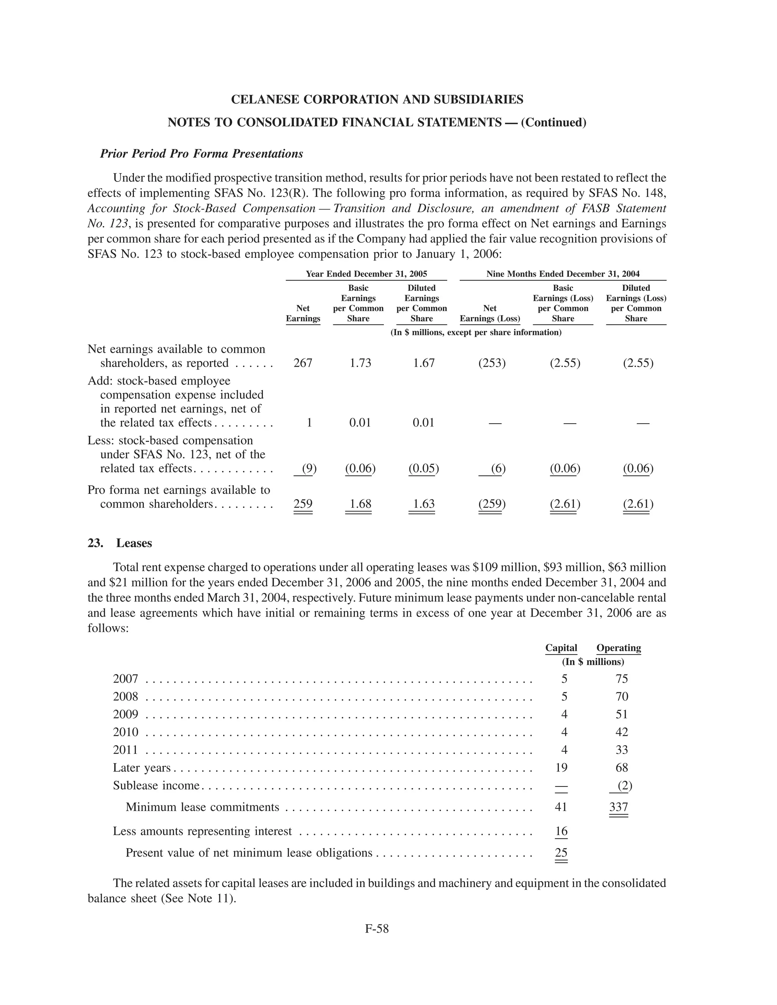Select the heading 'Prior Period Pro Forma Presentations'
(x=201, y=154)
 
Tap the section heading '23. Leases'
(x=120, y=543)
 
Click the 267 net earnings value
(x=303, y=363)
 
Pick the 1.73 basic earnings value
(x=360, y=363)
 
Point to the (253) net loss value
(x=492, y=363)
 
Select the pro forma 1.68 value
(x=360, y=504)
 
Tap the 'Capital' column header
(x=561, y=648)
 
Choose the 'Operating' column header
(x=619, y=648)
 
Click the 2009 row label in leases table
(x=126, y=714)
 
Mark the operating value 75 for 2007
(x=622, y=679)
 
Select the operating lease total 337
(x=619, y=807)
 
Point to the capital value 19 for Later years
(x=561, y=768)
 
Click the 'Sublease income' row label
(x=156, y=785)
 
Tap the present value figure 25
(x=561, y=853)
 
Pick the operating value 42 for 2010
(x=622, y=732)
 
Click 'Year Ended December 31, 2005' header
(x=366, y=274)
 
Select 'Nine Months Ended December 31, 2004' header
(x=563, y=274)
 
